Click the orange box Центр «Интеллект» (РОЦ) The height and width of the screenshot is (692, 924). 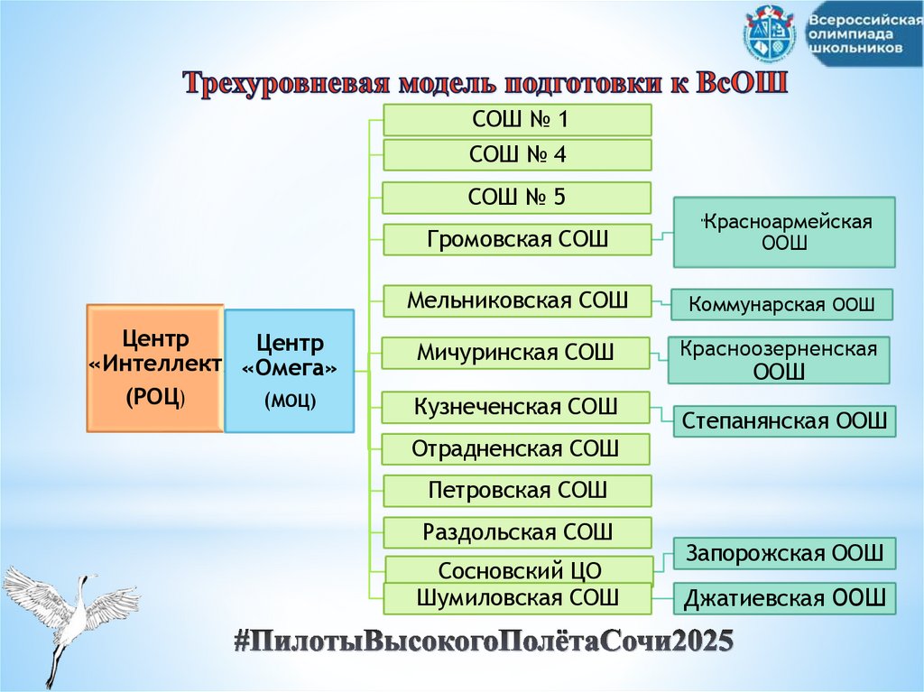[154, 368]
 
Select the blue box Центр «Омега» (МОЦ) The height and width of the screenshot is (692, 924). [289, 371]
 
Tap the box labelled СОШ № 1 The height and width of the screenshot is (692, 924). [517, 120]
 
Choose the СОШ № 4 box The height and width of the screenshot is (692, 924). [517, 155]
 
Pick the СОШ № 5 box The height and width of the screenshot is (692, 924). [517, 198]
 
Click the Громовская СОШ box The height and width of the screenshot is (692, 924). [517, 240]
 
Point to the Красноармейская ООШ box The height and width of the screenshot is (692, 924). [784, 233]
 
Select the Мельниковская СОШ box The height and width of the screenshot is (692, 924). [517, 300]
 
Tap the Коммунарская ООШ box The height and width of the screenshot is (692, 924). [781, 305]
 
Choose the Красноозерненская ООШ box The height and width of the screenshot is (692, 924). [779, 360]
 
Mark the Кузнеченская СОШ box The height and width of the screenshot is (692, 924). [515, 407]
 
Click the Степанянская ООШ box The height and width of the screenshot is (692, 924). [785, 420]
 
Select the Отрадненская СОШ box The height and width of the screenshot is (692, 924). [515, 449]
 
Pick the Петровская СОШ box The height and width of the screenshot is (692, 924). [517, 491]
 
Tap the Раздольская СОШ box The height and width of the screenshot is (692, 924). [517, 532]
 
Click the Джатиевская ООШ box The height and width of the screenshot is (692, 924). [785, 598]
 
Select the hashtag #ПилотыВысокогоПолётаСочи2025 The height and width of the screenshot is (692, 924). [483, 641]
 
